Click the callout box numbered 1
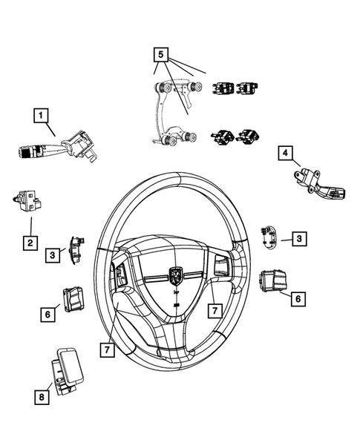(x=41, y=115)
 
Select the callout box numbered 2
(x=30, y=243)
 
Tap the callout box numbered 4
(x=284, y=154)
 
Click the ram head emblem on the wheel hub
(x=176, y=276)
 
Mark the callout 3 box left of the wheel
(x=53, y=254)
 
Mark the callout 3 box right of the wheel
(x=298, y=238)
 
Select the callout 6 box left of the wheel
(x=47, y=315)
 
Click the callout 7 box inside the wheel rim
(x=213, y=308)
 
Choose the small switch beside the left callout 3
(x=76, y=249)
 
